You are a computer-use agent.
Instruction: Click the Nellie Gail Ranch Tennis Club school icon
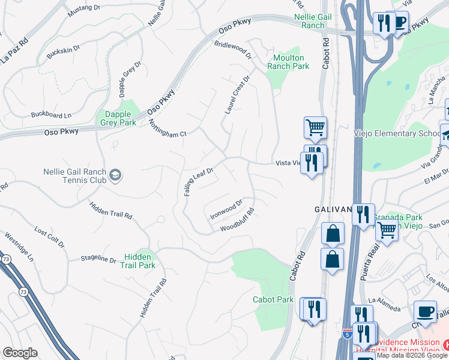[x=116, y=175]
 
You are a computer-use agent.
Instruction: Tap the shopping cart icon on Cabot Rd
[x=315, y=127]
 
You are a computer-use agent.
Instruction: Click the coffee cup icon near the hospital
[x=426, y=312]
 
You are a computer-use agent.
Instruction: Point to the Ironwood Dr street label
[x=226, y=209]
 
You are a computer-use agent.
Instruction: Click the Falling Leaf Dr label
[x=199, y=182]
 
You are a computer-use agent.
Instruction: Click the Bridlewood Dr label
[x=233, y=50]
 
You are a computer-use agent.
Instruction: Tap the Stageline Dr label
[x=98, y=259]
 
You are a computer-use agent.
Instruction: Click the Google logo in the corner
[x=20, y=353]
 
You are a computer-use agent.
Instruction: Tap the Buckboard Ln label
[x=51, y=114]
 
